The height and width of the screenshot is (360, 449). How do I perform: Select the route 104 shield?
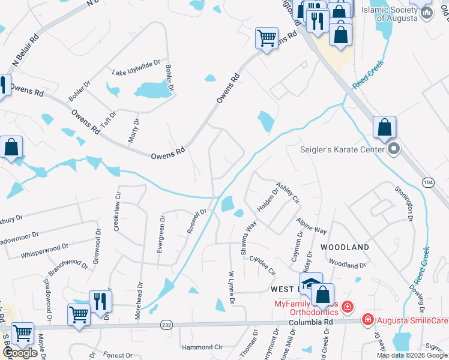(x=428, y=182)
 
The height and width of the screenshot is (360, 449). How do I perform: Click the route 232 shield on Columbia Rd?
(x=166, y=325)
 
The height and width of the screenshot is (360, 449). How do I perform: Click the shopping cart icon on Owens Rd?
(x=267, y=38)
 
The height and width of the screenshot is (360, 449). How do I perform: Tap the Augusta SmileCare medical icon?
(x=367, y=320)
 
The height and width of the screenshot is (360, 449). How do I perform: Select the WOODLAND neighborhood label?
(x=345, y=247)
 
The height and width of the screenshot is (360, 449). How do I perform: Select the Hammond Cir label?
(x=202, y=347)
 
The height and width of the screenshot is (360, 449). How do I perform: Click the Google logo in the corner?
(x=20, y=353)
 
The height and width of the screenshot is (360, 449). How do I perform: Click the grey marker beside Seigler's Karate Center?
(x=393, y=148)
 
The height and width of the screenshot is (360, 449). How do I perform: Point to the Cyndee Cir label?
(x=258, y=263)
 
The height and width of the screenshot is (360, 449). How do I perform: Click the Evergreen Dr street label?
(x=161, y=234)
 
